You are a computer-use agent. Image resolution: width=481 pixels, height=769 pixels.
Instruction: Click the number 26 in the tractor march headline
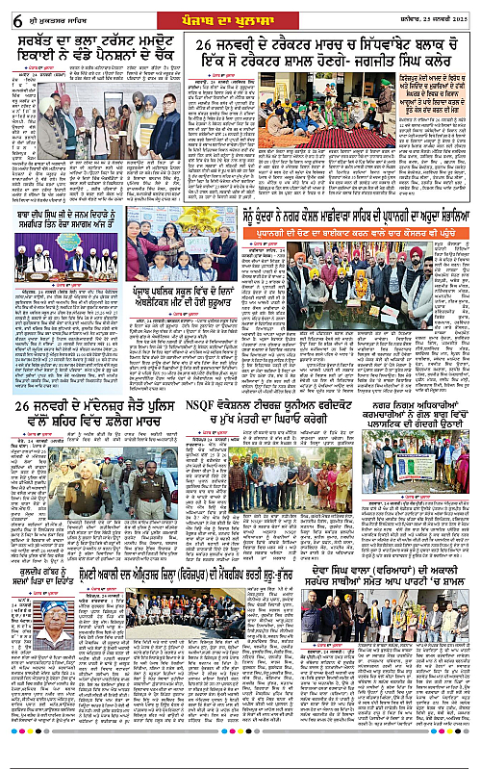[209, 48]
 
